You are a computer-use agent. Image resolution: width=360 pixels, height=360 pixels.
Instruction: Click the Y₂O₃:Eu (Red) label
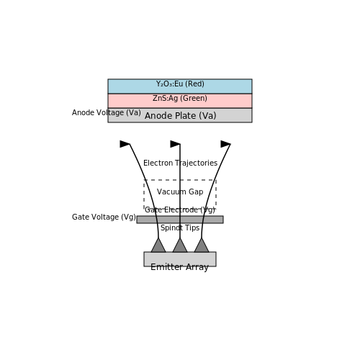[180, 84]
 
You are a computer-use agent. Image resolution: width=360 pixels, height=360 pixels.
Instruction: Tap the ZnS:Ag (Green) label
[180, 98]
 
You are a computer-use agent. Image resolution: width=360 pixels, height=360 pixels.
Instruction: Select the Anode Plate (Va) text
[181, 116]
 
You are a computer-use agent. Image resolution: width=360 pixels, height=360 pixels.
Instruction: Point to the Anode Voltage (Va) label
[107, 112]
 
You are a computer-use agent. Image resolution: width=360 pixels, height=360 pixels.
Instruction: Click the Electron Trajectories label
[180, 163]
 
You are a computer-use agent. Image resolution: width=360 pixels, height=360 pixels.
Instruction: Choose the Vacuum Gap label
[180, 192]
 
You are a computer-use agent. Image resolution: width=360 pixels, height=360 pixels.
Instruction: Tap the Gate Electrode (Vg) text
[180, 210]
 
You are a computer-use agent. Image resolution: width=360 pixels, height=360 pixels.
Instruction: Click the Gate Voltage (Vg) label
[104, 217]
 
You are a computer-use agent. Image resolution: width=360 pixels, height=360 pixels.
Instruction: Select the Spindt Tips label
[180, 228]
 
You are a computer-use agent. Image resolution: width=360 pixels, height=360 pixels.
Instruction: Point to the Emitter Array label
[179, 267]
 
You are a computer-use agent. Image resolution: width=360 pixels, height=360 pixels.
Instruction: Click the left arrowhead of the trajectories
[125, 144]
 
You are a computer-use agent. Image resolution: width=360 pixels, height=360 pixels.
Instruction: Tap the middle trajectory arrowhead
[175, 144]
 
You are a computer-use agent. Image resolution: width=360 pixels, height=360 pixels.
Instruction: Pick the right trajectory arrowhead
[225, 144]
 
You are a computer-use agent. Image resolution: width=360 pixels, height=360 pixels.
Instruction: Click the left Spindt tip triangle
[158, 247]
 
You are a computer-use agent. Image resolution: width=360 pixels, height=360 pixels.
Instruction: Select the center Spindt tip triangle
[180, 247]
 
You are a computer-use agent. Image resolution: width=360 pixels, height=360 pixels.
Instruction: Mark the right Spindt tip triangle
[202, 247]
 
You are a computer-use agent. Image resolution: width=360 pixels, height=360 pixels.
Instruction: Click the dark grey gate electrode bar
[180, 220]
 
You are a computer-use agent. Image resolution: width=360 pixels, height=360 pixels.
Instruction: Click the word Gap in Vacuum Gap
[196, 192]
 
